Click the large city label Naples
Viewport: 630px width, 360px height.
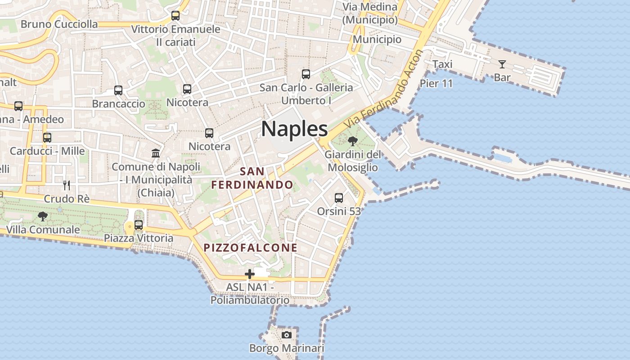coord(294,129)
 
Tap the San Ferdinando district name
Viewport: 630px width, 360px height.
coord(252,178)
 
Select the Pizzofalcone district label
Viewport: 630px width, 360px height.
coord(250,247)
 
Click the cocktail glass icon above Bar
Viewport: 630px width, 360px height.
coord(502,64)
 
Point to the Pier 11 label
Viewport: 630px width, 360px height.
coord(436,83)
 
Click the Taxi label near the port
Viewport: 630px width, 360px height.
coord(442,64)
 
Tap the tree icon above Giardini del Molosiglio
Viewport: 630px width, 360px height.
coord(353,141)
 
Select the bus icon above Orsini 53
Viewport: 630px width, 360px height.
coord(339,198)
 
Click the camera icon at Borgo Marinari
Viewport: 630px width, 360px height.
coord(287,335)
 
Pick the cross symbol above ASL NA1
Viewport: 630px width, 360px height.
coord(250,274)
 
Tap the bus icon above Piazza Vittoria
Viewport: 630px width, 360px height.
coord(139,225)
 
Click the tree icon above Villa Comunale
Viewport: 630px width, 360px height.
coord(43,216)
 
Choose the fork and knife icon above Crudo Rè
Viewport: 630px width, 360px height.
coord(67,185)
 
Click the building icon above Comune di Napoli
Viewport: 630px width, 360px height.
coord(156,153)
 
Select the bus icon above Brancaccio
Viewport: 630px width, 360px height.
coord(118,90)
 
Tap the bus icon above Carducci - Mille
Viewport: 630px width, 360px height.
coord(47,137)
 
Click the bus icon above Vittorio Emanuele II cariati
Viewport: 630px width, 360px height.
coord(175,16)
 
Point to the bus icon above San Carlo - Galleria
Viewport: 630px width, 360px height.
coord(306,74)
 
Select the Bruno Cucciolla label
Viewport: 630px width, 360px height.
coord(59,24)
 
